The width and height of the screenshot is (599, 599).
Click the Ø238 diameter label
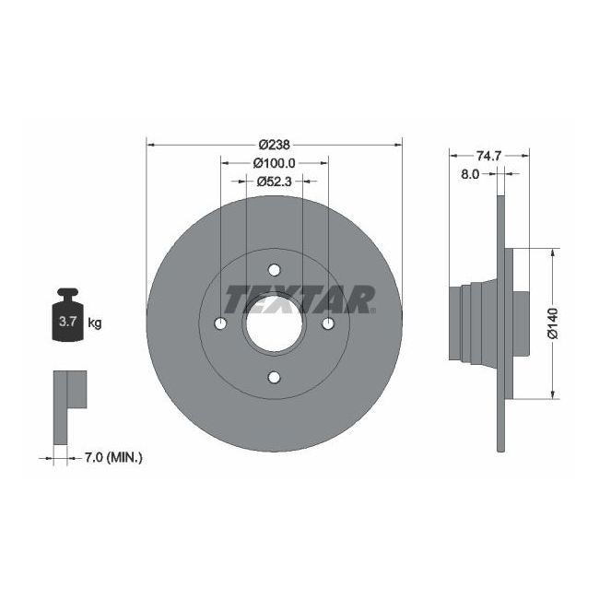pyautogui.click(x=275, y=144)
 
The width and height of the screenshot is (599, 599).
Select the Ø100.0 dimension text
pyautogui.click(x=274, y=162)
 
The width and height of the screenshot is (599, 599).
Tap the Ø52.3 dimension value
pyautogui.click(x=274, y=181)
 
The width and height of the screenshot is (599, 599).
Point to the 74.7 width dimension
pyautogui.click(x=488, y=156)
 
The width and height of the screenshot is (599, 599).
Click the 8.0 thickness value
pyautogui.click(x=469, y=173)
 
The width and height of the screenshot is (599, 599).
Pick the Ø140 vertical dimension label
pyautogui.click(x=553, y=323)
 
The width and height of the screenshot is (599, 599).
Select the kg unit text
pyautogui.click(x=94, y=323)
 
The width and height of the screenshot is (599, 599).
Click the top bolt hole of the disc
pyautogui.click(x=275, y=269)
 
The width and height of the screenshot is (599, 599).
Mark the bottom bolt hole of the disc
pyautogui.click(x=275, y=376)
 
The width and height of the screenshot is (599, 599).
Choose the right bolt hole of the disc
pyautogui.click(x=328, y=323)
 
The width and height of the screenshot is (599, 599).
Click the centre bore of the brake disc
pyautogui.click(x=275, y=323)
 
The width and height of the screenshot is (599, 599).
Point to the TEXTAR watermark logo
pyautogui.click(x=300, y=299)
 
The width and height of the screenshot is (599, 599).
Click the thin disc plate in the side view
pyautogui.click(x=502, y=415)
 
